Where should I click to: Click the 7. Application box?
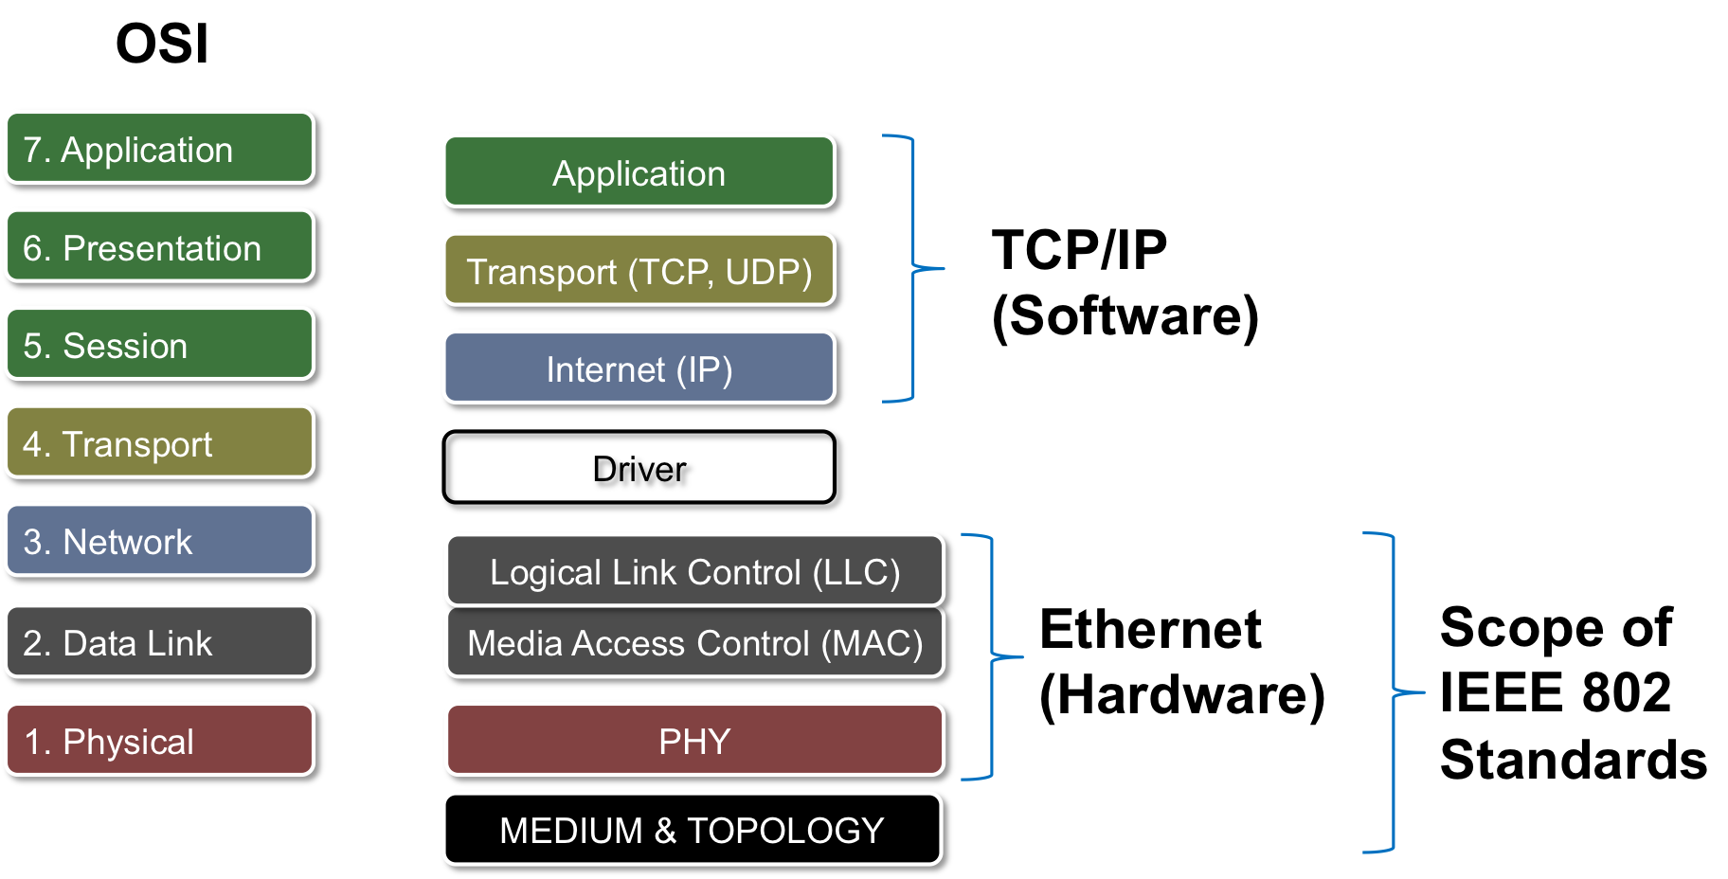click(159, 148)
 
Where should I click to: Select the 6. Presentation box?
click(159, 246)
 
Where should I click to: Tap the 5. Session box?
click(159, 344)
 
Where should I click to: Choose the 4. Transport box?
click(159, 442)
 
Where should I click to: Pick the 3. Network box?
click(159, 540)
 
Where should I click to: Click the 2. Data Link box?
click(159, 641)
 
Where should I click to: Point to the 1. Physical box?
click(159, 740)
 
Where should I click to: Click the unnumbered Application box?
click(639, 171)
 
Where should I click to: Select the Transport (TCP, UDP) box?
click(639, 270)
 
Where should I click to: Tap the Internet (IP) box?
click(639, 368)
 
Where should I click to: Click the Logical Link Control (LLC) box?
click(694, 570)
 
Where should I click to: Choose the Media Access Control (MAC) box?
click(694, 642)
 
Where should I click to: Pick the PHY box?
click(694, 740)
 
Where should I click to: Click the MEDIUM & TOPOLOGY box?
click(693, 829)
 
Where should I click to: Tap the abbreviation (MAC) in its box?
click(872, 643)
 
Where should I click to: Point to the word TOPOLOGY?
click(785, 831)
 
